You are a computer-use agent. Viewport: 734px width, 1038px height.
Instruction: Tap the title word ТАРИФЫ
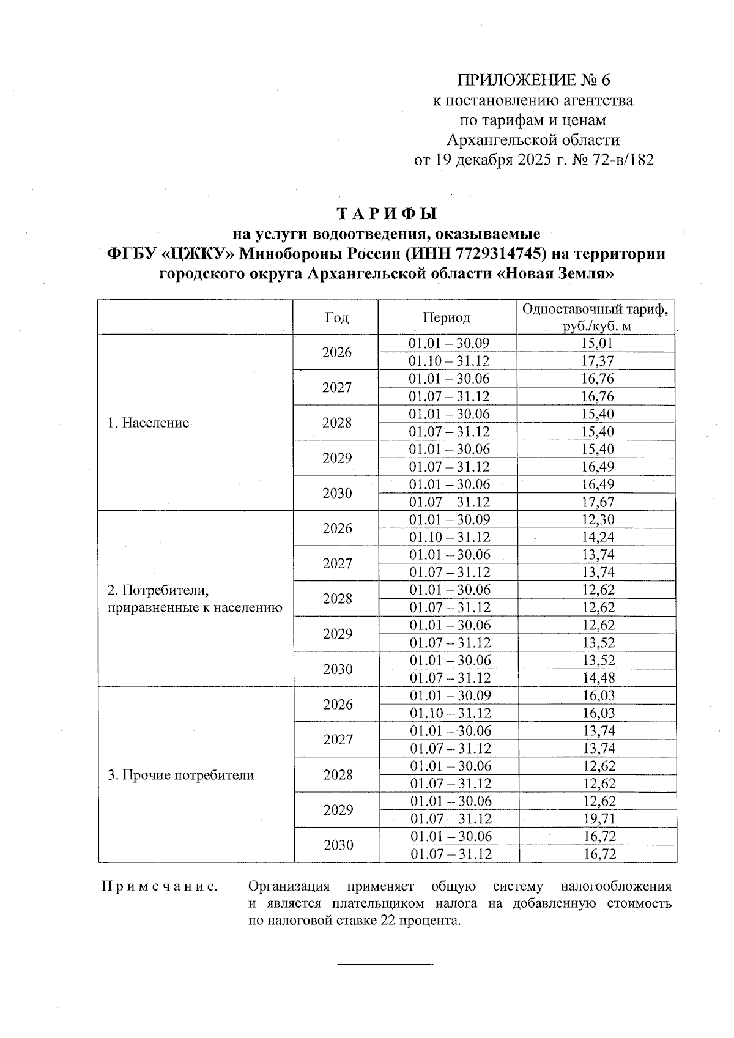pos(387,214)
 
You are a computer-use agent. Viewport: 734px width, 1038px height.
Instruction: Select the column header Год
pos(336,317)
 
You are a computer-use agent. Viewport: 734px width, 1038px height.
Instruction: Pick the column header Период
pos(447,317)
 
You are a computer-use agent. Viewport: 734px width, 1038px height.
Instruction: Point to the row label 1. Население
pos(148,423)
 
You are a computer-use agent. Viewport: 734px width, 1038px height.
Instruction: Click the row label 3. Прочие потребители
pos(180,775)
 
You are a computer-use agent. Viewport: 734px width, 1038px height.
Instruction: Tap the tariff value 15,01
pos(596,343)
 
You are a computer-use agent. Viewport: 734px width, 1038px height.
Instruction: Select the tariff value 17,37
pos(596,361)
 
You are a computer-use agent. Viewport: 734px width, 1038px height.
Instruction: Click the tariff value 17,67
pos(596,502)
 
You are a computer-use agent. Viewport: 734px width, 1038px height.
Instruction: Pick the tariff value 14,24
pos(598,537)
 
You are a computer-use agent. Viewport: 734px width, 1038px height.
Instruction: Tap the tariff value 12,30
pos(598,519)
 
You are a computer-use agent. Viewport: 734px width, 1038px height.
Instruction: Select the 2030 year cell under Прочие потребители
pos(338,845)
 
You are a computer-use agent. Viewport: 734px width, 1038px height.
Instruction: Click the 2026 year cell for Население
pos(337,352)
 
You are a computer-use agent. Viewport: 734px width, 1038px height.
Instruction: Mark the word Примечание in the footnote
pos(159,886)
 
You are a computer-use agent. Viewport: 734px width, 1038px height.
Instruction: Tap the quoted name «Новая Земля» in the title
pos(557,273)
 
